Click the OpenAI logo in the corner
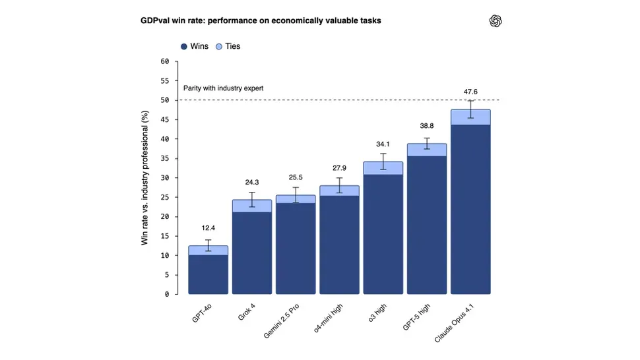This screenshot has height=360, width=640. click(496, 21)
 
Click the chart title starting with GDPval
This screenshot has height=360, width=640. click(261, 20)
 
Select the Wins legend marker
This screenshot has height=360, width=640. click(184, 47)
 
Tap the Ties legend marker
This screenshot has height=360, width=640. click(219, 47)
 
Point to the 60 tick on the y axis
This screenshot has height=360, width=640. click(165, 61)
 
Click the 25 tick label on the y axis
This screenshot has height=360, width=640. click(165, 197)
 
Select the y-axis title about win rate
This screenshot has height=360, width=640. click(145, 178)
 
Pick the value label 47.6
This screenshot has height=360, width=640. click(470, 92)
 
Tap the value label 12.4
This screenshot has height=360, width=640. click(208, 229)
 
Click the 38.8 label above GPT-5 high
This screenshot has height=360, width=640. click(427, 126)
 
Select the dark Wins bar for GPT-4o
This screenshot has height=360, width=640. click(208, 274)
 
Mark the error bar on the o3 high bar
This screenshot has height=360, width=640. click(383, 162)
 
